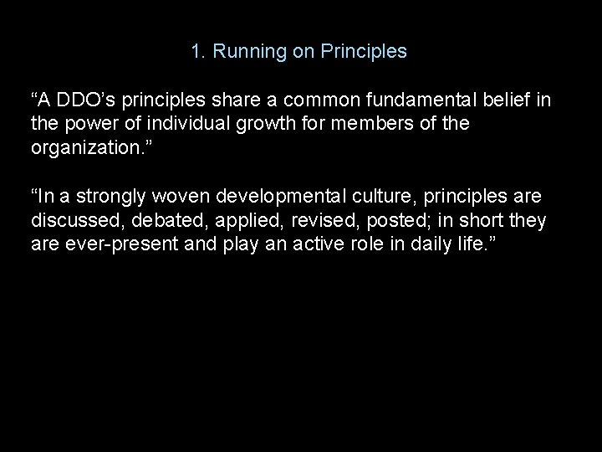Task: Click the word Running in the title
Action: point(246,52)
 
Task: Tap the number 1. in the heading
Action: point(198,52)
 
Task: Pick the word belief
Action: point(499,101)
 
